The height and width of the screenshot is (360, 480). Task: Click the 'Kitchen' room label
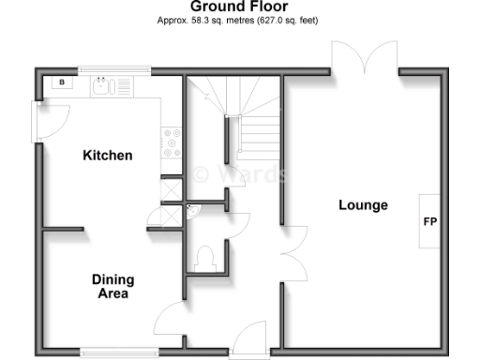[x=107, y=156]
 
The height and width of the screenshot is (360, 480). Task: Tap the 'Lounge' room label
[x=363, y=205]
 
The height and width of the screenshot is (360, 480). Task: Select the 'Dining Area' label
[x=112, y=286]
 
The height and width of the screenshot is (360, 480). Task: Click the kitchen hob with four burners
[x=172, y=143]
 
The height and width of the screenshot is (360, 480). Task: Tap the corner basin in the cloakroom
[x=192, y=212]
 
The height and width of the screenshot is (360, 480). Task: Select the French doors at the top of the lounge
[x=366, y=58]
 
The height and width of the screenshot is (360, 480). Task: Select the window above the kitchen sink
[x=114, y=70]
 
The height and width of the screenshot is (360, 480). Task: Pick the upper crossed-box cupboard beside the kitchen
[x=171, y=187]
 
